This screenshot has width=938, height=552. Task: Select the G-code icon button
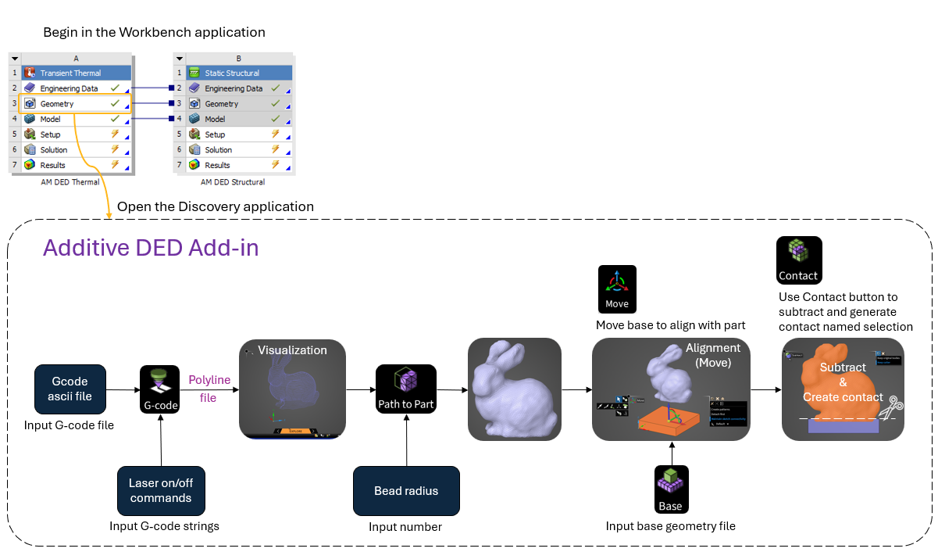(x=160, y=389)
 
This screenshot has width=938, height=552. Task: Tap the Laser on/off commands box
(x=160, y=491)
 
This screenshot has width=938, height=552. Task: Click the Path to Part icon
(x=405, y=389)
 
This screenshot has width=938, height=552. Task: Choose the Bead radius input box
(x=405, y=491)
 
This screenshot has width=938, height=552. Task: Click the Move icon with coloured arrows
(x=617, y=289)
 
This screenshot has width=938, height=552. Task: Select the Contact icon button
(x=798, y=260)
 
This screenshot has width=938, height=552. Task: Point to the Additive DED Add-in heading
(x=151, y=248)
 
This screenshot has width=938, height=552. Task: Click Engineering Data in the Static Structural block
(x=234, y=88)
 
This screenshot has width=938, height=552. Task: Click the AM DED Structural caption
(x=233, y=182)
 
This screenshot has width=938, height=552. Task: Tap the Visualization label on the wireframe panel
(x=292, y=349)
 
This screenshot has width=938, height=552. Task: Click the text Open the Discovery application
(x=215, y=206)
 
